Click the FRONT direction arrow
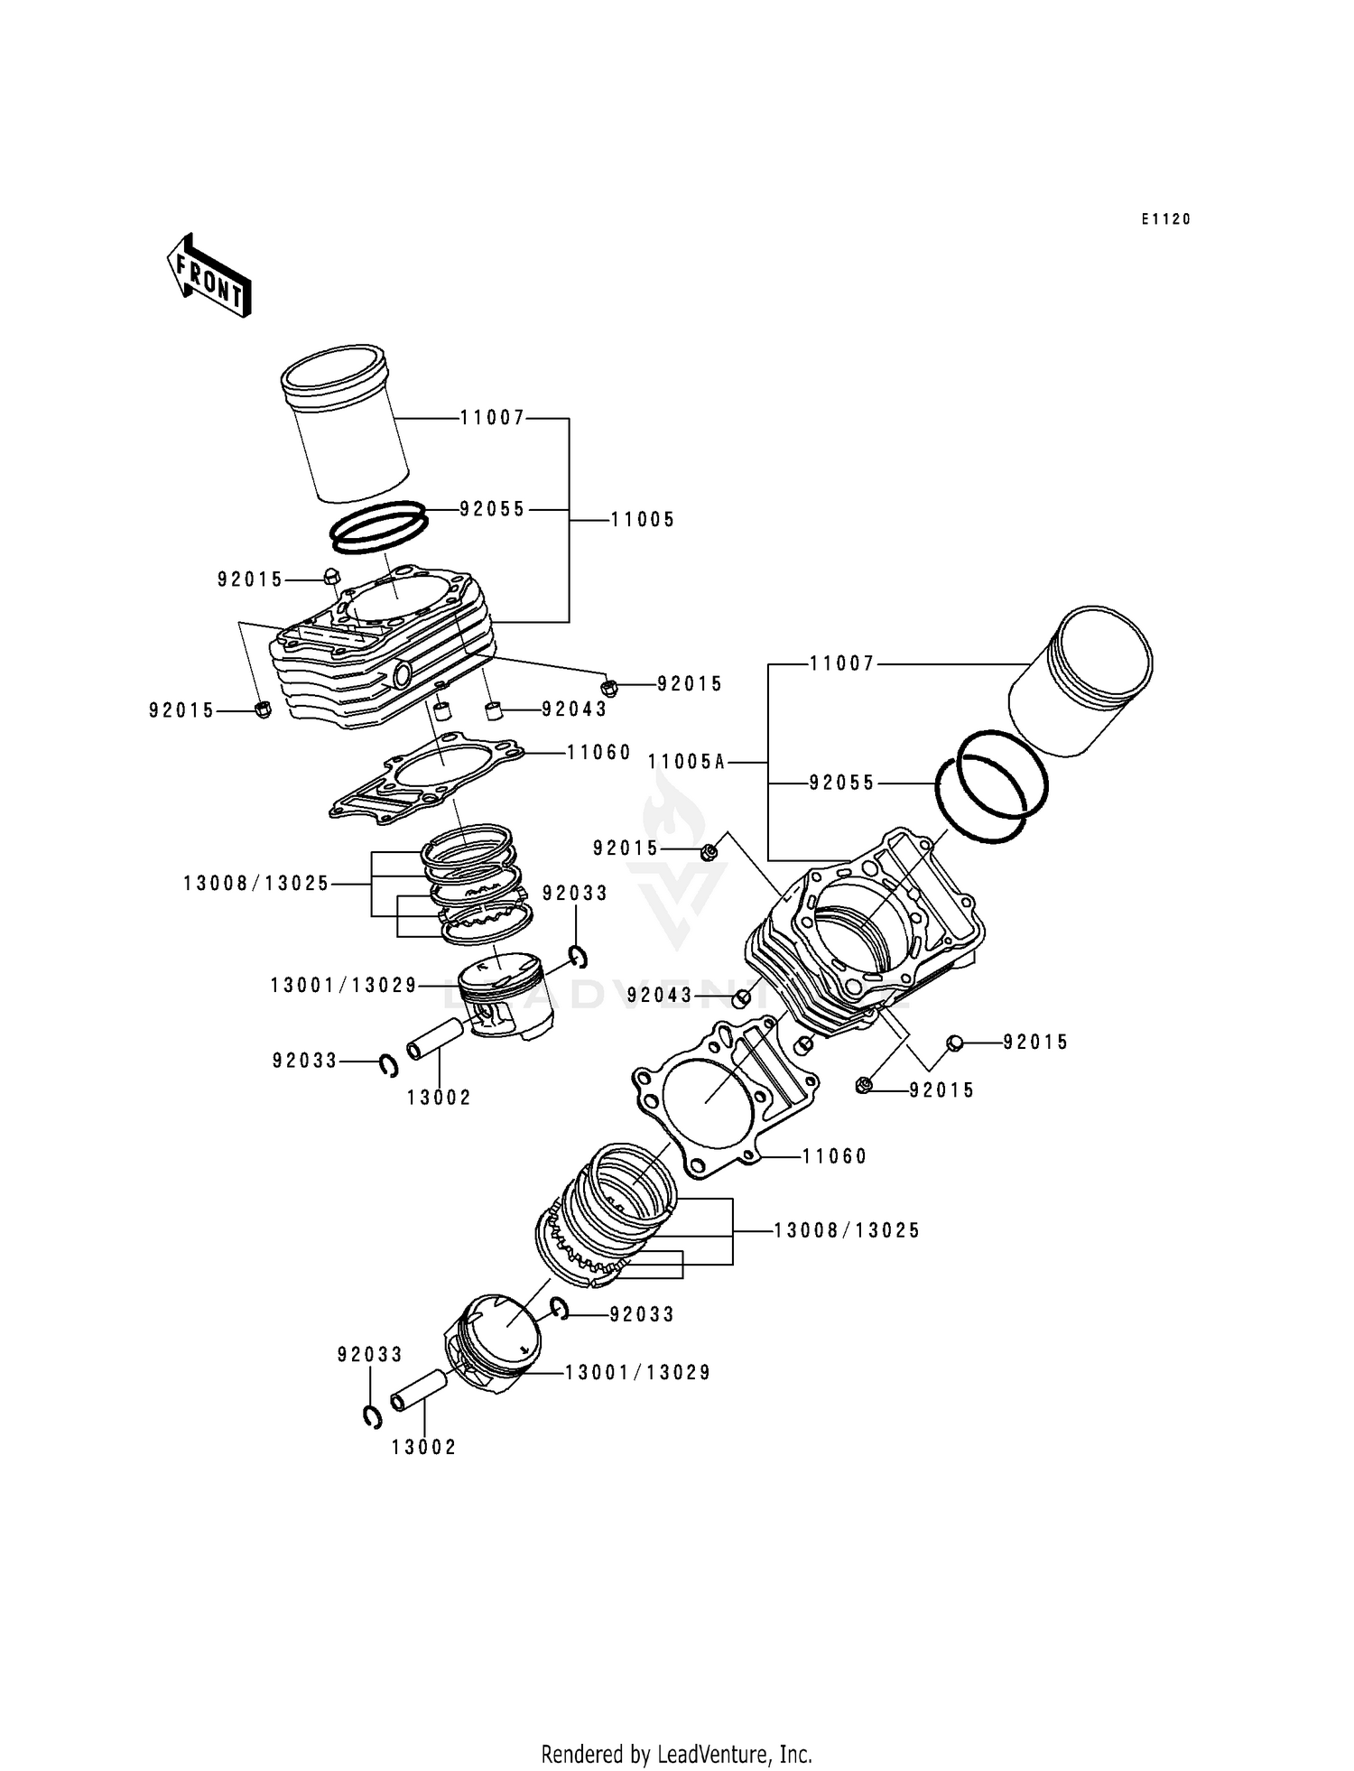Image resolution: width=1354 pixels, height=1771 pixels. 209,275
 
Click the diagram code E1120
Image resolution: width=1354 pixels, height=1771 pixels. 1165,219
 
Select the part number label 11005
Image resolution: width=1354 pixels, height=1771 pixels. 642,520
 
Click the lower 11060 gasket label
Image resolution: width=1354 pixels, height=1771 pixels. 834,1156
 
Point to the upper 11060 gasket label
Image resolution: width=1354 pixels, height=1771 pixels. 598,753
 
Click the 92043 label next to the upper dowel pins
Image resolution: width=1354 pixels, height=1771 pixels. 574,709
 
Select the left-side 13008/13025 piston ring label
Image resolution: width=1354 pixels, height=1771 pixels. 256,884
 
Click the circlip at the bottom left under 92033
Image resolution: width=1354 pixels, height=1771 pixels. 371,1417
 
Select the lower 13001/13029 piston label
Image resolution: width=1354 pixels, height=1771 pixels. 637,1373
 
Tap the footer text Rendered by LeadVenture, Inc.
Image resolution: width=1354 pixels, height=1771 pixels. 676,1754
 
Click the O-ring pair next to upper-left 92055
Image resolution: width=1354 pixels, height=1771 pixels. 378,527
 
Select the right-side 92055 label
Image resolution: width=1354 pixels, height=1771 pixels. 841,784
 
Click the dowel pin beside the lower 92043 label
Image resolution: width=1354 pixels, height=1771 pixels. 741,997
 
